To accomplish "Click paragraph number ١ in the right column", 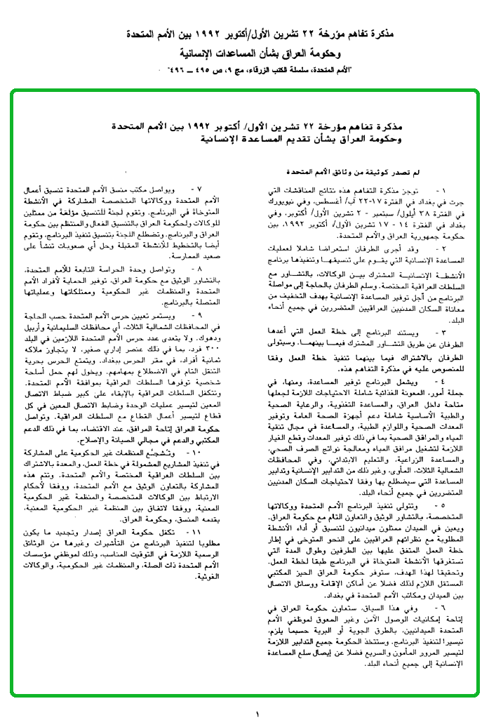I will tap(441, 191).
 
